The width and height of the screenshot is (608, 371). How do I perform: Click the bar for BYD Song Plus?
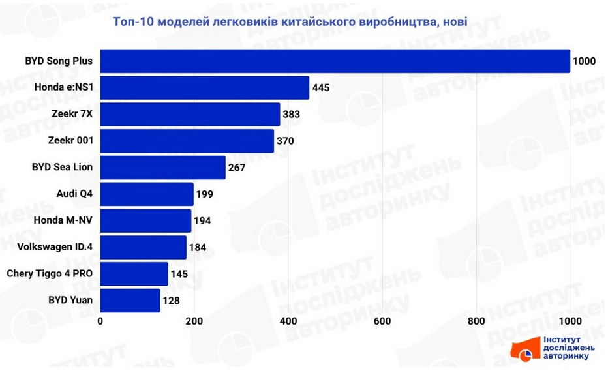pyautogui.click(x=335, y=61)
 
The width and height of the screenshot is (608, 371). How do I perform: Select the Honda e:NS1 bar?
pyautogui.click(x=204, y=87)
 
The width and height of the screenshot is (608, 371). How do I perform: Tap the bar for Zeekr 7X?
pyautogui.click(x=190, y=114)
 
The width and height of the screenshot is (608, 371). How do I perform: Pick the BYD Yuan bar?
pyautogui.click(x=130, y=301)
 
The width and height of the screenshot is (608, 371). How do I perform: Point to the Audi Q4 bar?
pyautogui.click(x=147, y=194)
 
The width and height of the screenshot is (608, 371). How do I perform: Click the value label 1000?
pyautogui.click(x=584, y=61)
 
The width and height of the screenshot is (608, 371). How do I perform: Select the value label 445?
pyautogui.click(x=321, y=87)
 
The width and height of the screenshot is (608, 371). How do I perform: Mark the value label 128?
pyautogui.click(x=172, y=301)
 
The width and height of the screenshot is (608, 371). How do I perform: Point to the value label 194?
pyautogui.click(x=203, y=220)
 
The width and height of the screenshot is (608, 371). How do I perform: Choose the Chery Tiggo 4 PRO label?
pyautogui.click(x=50, y=273)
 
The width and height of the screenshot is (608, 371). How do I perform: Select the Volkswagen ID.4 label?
pyautogui.click(x=55, y=247)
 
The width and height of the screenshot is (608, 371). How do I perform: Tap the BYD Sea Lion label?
pyautogui.click(x=62, y=167)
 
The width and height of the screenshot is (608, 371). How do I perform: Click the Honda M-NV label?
pyautogui.click(x=63, y=220)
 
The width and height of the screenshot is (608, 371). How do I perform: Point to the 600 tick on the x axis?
pyautogui.click(x=382, y=321)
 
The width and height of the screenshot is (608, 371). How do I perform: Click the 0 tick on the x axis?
pyautogui.click(x=100, y=321)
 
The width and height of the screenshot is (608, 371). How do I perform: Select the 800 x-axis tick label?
pyautogui.click(x=476, y=321)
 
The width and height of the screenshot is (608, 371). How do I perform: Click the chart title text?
pyautogui.click(x=290, y=22)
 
